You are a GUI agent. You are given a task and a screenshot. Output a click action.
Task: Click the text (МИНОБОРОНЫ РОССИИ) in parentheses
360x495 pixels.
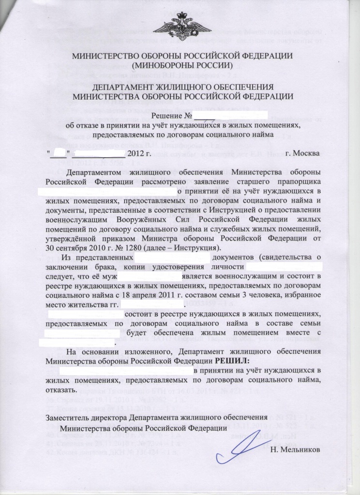pyautogui.click(x=180, y=64)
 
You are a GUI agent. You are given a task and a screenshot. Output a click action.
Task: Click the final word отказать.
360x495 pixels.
pyautogui.click(x=60, y=389)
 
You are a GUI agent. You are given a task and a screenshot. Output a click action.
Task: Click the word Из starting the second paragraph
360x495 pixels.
pyautogui.click(x=71, y=257)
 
